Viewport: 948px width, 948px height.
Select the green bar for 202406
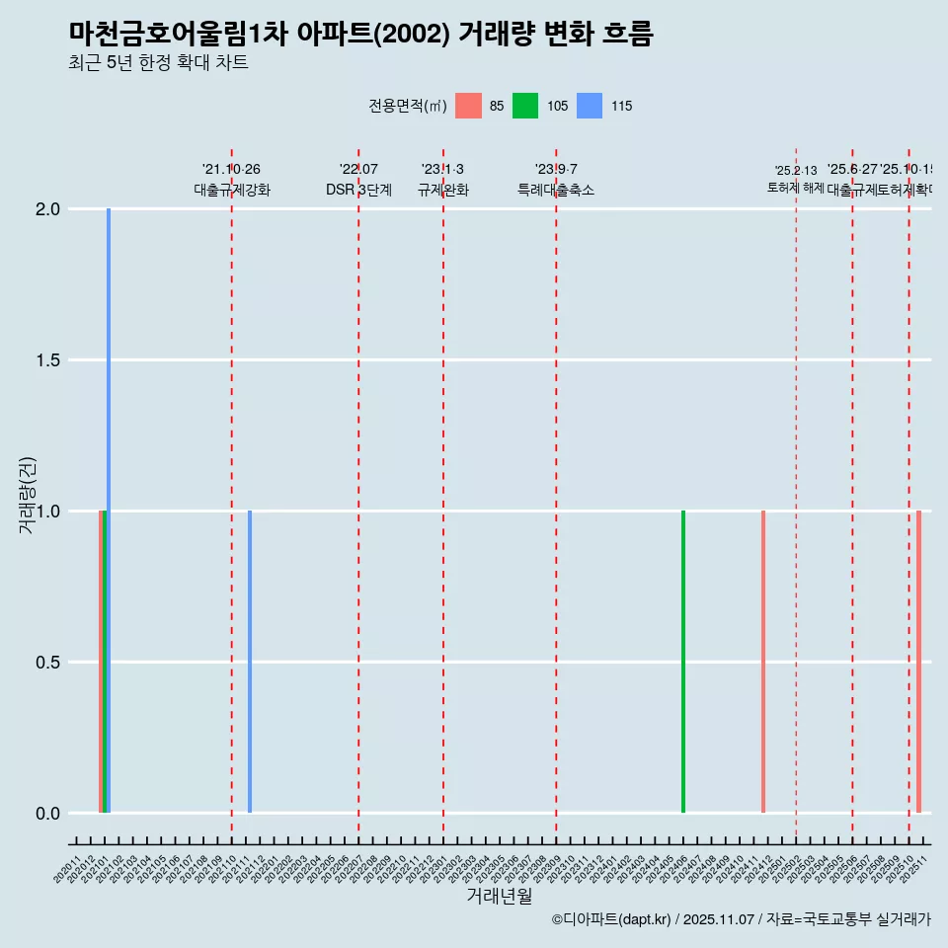coord(683,662)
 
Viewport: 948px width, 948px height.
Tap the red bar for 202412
coord(763,662)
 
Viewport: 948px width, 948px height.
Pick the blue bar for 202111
coord(250,662)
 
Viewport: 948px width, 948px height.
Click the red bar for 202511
coord(918,662)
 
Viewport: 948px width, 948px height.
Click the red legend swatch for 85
coord(468,106)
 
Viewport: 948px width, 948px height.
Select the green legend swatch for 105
coord(525,106)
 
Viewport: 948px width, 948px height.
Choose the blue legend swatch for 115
coord(590,106)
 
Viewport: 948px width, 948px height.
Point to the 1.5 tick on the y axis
coord(45,360)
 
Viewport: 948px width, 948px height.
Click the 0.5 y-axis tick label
coord(45,663)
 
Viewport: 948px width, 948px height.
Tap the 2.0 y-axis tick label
coord(45,209)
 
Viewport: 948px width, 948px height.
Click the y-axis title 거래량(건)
coord(28,495)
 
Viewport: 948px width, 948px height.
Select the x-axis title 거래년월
coord(499,897)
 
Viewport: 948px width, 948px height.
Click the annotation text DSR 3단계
coord(359,191)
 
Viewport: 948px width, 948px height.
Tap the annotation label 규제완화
coord(442,191)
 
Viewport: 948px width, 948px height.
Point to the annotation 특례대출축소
coord(556,191)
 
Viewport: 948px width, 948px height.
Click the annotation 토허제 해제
coord(795,188)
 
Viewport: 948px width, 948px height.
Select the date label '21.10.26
coord(231,170)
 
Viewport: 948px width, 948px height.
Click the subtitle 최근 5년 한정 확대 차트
coord(158,63)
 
